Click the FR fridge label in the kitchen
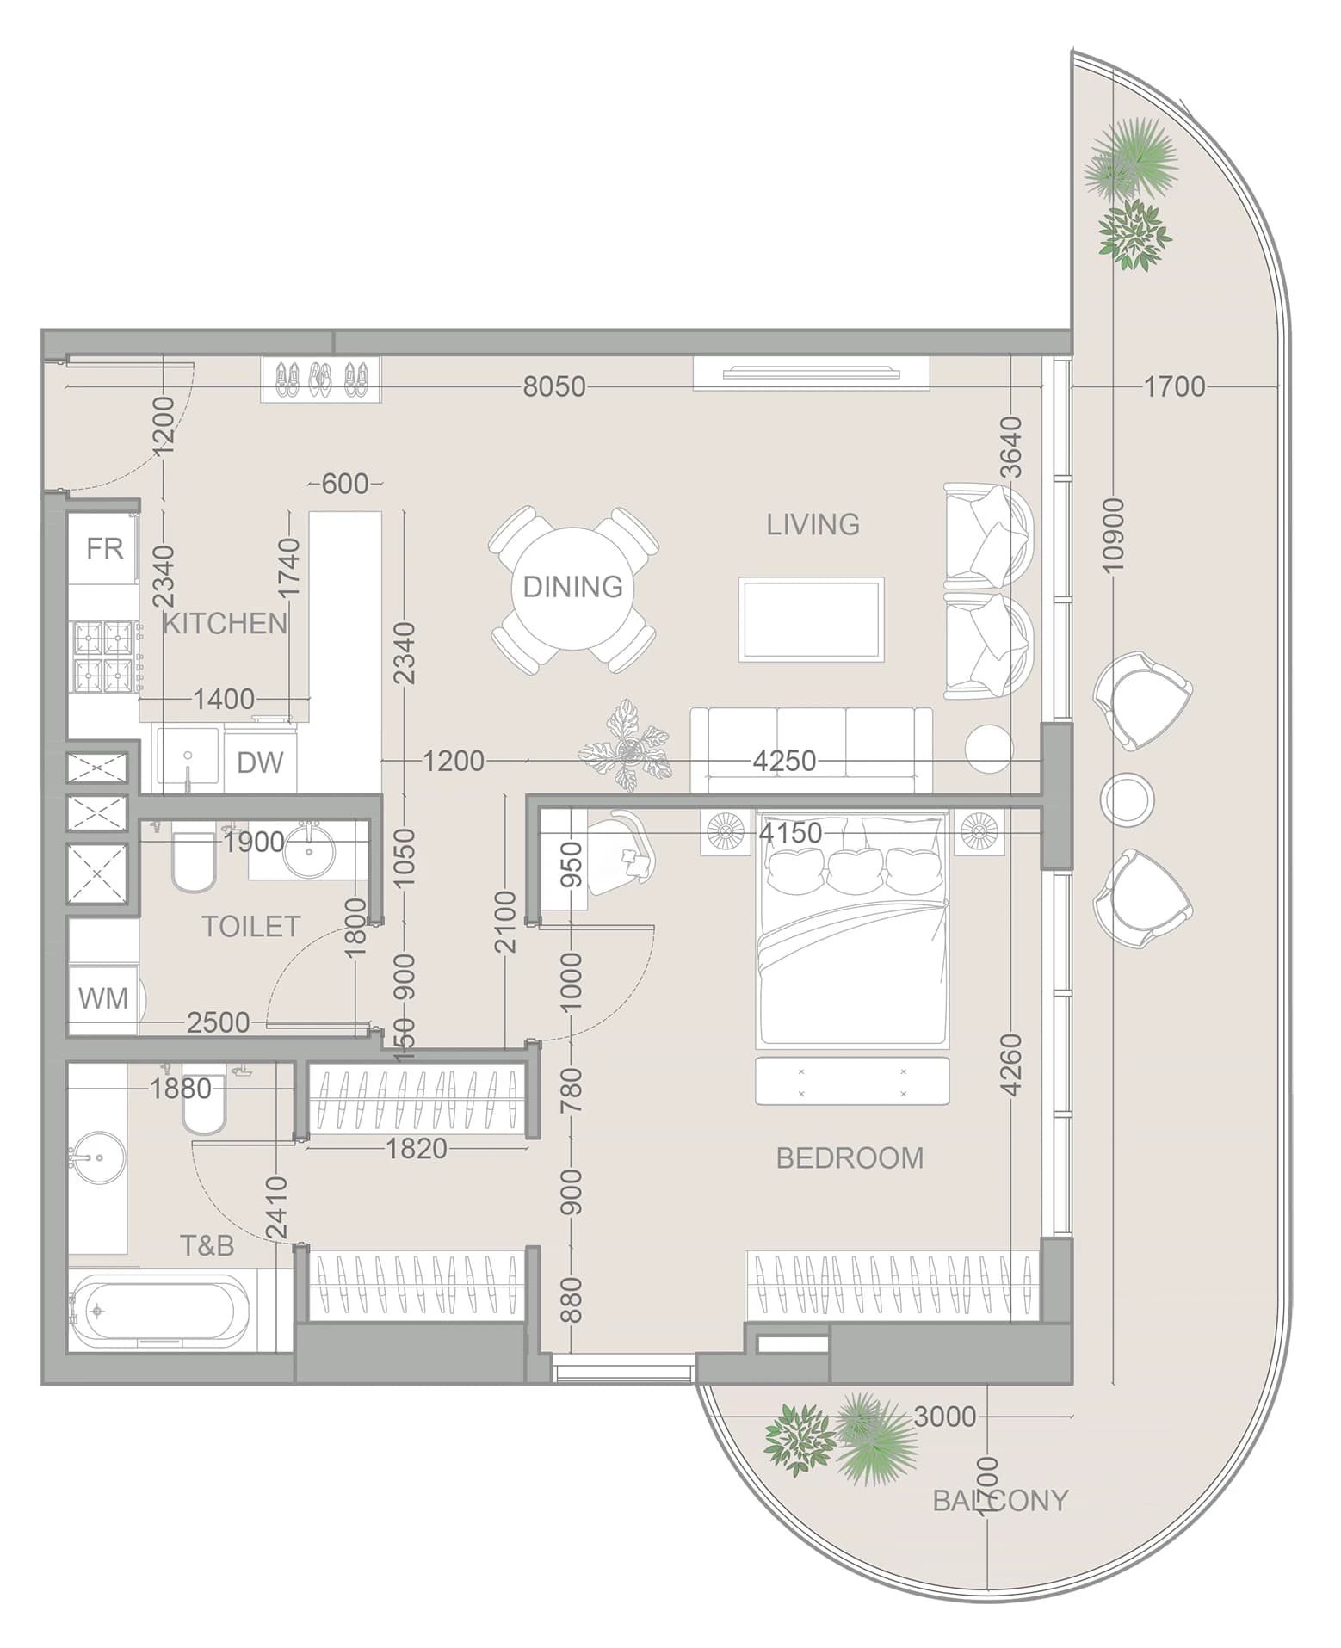point(104,548)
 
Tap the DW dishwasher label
point(260,762)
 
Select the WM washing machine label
point(103,998)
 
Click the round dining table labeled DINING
point(573,588)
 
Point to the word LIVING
point(813,524)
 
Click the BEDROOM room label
point(850,1157)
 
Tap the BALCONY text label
point(1000,1501)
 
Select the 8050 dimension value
point(554,386)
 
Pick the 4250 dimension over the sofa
point(784,761)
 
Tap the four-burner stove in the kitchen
point(106,657)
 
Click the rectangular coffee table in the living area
point(812,620)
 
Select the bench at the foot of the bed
point(852,1081)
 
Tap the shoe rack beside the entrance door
point(320,380)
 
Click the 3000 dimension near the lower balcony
point(945,1417)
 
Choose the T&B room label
point(207,1245)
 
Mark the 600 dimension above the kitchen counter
point(345,484)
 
